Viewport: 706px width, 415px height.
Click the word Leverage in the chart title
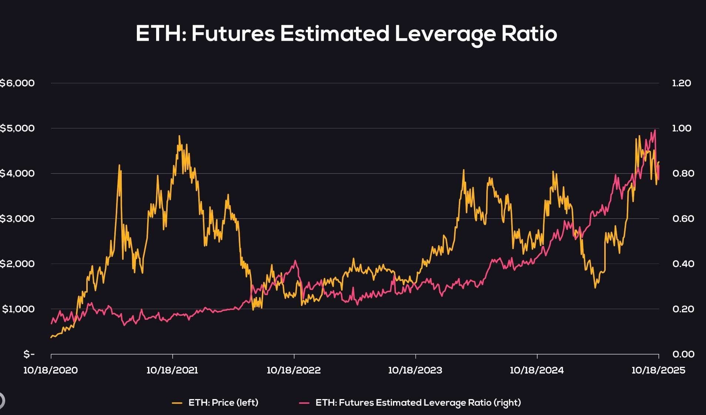point(444,34)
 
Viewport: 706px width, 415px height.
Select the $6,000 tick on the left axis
point(17,83)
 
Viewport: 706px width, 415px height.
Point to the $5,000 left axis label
point(17,128)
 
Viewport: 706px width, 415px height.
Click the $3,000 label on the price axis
point(17,218)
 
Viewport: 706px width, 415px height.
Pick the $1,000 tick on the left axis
point(19,309)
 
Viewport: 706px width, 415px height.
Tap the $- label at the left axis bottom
point(29,354)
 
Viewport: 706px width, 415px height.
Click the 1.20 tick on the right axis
point(681,83)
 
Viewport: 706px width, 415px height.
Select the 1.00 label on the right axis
point(681,128)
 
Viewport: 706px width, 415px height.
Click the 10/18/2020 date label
point(51,370)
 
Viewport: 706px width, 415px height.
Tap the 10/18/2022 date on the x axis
point(294,370)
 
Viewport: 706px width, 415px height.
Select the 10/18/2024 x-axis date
point(537,370)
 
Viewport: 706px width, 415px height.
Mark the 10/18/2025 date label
point(658,370)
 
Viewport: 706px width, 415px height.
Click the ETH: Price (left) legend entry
point(223,402)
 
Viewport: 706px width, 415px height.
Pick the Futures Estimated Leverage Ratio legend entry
point(418,402)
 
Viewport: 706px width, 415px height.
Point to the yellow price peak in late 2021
point(179,136)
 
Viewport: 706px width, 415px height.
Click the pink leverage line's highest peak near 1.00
point(655,130)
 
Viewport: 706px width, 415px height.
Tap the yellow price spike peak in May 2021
point(119,165)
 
